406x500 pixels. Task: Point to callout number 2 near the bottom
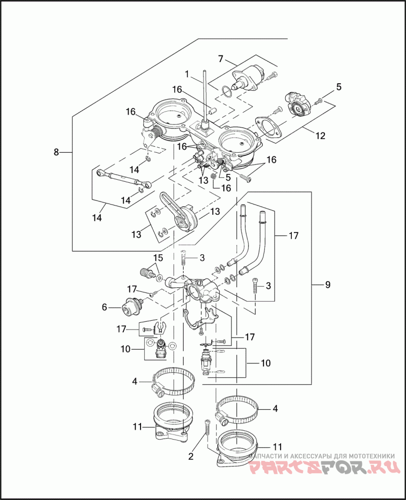tap(191, 456)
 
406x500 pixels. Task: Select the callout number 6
tap(105, 307)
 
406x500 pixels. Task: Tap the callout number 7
tap(221, 59)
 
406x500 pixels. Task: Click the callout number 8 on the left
tap(56, 152)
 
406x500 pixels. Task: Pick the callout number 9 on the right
tap(327, 285)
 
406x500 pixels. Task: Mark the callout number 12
tap(321, 136)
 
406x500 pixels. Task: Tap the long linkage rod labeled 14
tap(122, 178)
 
